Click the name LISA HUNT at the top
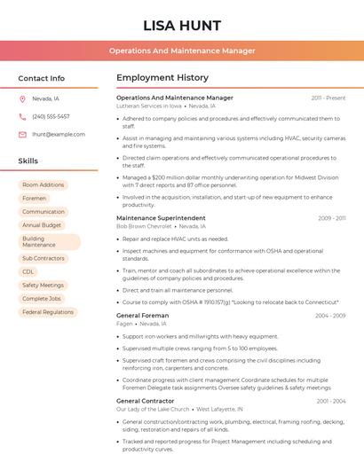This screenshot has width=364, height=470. [181, 25]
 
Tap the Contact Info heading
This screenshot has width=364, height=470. [41, 78]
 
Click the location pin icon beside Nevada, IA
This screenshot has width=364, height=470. [22, 98]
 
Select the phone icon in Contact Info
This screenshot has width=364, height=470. [22, 116]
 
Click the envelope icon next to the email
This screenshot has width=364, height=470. [22, 134]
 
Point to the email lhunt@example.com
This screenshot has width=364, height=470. [59, 134]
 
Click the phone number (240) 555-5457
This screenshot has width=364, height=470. [51, 116]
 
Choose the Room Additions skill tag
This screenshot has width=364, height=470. [43, 184]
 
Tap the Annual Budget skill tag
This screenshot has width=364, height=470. [42, 225]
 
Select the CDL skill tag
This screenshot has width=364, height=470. [28, 271]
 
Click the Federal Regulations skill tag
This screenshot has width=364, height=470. [48, 312]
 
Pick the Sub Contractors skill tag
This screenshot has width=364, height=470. [44, 258]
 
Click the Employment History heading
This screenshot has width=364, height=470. [162, 78]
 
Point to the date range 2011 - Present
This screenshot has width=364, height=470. [328, 98]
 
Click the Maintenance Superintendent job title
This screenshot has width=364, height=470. [161, 217]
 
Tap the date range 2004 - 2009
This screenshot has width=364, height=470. [329, 316]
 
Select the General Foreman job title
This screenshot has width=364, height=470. [142, 315]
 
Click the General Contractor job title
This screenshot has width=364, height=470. [146, 401]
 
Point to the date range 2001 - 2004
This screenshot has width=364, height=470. [330, 401]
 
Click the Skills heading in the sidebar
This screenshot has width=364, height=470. [28, 161]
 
